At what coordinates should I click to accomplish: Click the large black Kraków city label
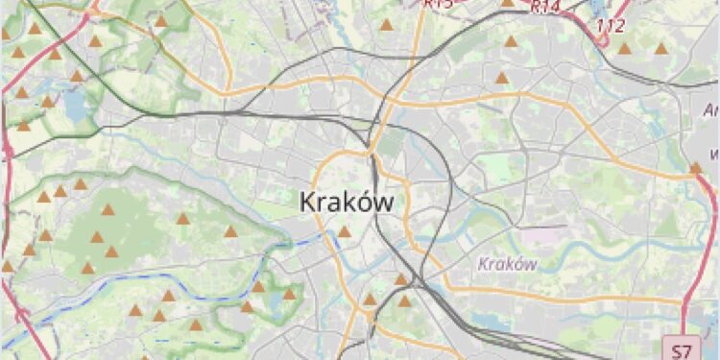point(347,202)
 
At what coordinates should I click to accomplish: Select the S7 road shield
point(682,349)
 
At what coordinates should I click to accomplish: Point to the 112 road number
point(611,26)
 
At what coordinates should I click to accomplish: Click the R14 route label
point(545,7)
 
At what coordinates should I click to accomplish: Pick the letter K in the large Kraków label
point(308,202)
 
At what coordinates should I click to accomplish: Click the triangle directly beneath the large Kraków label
point(344,231)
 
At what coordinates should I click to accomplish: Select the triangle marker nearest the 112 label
point(625,48)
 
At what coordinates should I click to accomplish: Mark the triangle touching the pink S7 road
point(695,168)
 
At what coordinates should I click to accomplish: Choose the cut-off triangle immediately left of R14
point(508,3)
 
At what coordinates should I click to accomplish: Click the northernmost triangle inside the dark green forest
point(81,184)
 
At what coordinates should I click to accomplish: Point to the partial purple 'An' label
point(711,110)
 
